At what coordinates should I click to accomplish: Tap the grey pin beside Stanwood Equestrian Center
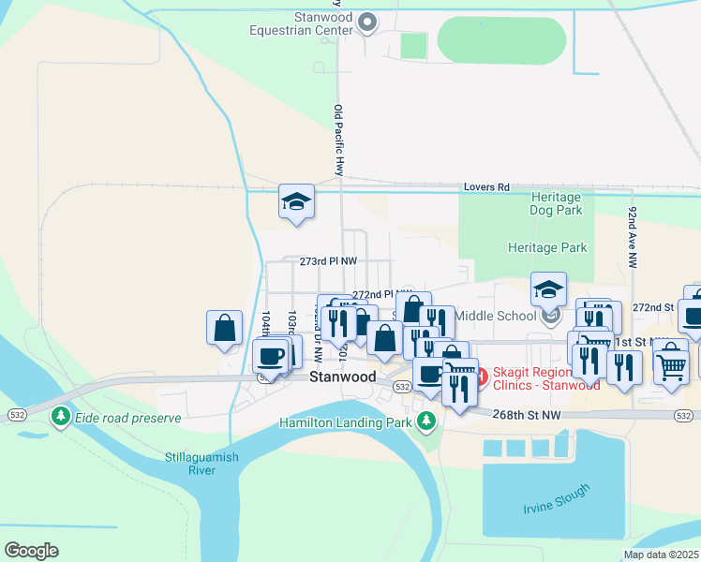point(367,22)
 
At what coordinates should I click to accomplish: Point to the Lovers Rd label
point(485,187)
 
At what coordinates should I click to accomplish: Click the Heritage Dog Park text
point(556,204)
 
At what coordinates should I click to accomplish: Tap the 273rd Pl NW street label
point(328,261)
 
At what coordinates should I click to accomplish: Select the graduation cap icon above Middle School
point(548,288)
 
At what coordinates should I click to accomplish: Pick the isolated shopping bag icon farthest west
point(224,328)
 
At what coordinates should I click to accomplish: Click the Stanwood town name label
point(342,377)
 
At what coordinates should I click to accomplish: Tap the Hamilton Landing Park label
point(347,422)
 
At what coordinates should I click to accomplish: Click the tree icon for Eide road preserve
point(62,415)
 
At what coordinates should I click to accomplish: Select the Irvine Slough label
point(557,498)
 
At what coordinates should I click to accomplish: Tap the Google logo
point(31,550)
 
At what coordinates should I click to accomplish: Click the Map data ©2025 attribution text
point(661,555)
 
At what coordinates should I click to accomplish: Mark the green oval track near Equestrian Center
point(502,41)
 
